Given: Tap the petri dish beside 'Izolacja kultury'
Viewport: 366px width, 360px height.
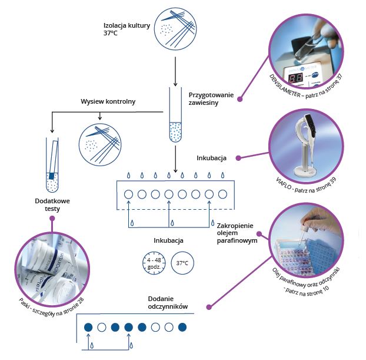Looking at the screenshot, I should click(176, 28).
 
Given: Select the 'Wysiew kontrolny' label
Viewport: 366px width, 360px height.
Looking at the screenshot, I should click(108, 101).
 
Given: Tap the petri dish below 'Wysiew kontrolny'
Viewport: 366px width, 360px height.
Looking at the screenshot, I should click(100, 142).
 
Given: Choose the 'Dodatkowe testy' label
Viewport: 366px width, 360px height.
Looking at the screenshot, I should click(52, 205).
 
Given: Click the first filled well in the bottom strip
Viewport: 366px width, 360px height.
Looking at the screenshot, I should click(88, 327).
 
